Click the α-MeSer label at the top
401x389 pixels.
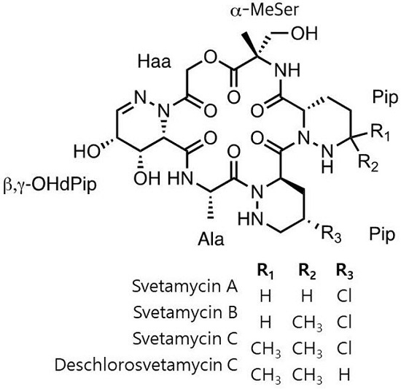pos(265,10)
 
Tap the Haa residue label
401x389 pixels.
pos(155,62)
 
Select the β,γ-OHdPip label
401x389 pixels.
pos(50,184)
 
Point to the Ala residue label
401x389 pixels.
pos(211,239)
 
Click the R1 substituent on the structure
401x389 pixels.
pos(381,133)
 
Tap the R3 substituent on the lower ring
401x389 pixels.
pos(331,234)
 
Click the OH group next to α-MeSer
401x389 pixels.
pos(304,34)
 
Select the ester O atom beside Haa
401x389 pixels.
pos(211,58)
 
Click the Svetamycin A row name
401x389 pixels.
pos(185,286)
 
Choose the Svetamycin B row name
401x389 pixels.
pos(185,312)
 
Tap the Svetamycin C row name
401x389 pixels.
pos(185,339)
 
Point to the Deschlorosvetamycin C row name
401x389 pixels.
pos(147,365)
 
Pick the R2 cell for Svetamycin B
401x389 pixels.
pos(307,323)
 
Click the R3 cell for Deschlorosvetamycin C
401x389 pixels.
pos(344,374)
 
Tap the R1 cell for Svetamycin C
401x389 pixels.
pos(265,350)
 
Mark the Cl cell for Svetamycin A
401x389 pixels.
pos(344,296)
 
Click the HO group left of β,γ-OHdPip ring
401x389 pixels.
pos(87,151)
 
